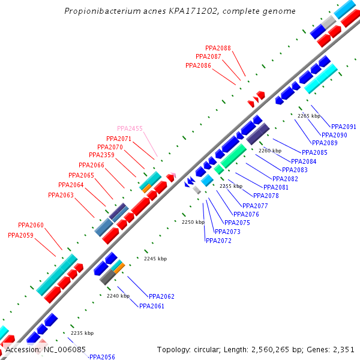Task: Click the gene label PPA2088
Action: pyautogui.click(x=218, y=48)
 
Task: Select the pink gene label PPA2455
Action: pyautogui.click(x=130, y=128)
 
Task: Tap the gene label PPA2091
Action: pyautogui.click(x=344, y=127)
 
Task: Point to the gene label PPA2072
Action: pyautogui.click(x=218, y=241)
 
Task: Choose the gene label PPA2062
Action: pyautogui.click(x=161, y=296)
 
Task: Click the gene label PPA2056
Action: pyautogui.click(x=102, y=356)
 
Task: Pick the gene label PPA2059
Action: pyautogui.click(x=20, y=235)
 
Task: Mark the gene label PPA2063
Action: pyautogui.click(x=61, y=195)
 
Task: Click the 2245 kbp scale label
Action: pyautogui.click(x=155, y=259)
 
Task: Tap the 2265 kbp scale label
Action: pyautogui.click(x=309, y=116)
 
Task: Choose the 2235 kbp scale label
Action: pyautogui.click(x=82, y=333)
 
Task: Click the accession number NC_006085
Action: pyautogui.click(x=63, y=349)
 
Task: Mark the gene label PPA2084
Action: pyautogui.click(x=304, y=161)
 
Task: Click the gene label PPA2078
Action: pyautogui.click(x=266, y=196)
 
